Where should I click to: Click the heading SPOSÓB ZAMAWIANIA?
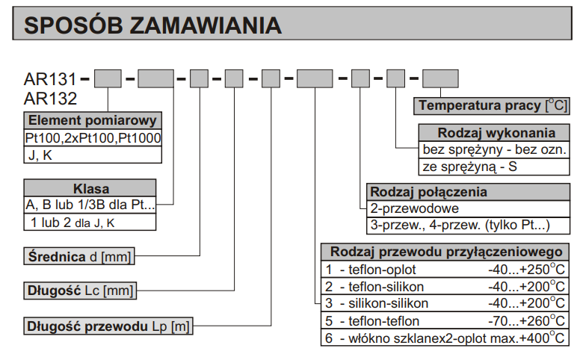pyautogui.click(x=152, y=25)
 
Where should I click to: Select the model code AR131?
pyautogui.click(x=50, y=78)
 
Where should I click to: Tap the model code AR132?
pyautogui.click(x=50, y=99)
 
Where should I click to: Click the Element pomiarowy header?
pyautogui.click(x=93, y=120)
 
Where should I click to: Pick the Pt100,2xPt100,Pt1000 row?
pyautogui.click(x=93, y=138)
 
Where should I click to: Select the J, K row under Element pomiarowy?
pyautogui.click(x=93, y=155)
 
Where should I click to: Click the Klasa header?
pyautogui.click(x=90, y=188)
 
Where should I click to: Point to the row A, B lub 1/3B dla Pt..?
pyautogui.click(x=90, y=205)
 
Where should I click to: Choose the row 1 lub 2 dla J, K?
pyautogui.click(x=90, y=222)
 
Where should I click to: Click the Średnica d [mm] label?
pyautogui.click(x=79, y=256)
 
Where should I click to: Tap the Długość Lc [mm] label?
pyautogui.click(x=80, y=291)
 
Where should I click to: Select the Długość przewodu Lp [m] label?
pyautogui.click(x=108, y=326)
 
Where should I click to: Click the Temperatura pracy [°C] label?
pyautogui.click(x=492, y=105)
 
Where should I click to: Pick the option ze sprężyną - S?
pyautogui.click(x=494, y=167)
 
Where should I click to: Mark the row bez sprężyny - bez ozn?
pyautogui.click(x=494, y=149)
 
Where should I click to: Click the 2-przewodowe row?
pyautogui.click(x=469, y=209)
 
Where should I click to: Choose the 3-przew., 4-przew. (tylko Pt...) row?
pyautogui.click(x=469, y=226)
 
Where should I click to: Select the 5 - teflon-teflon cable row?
pyautogui.click(x=445, y=321)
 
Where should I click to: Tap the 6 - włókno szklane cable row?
pyautogui.click(x=445, y=338)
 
